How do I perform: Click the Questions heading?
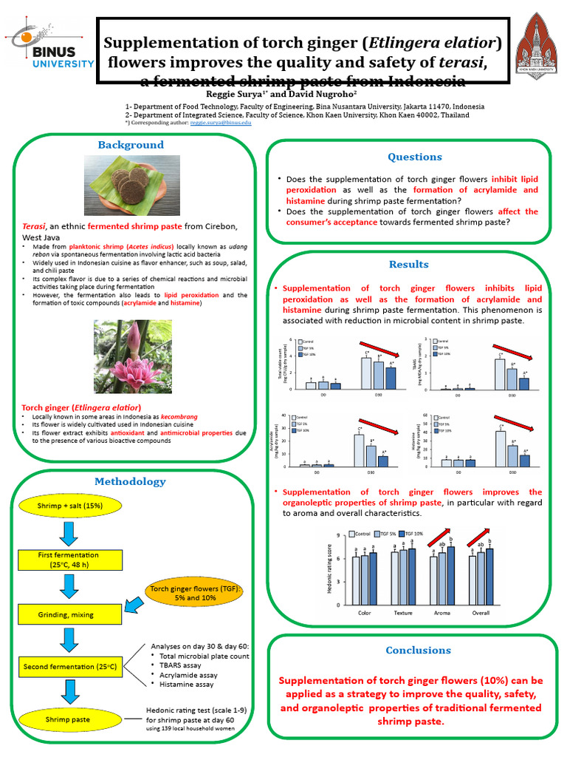coord(415,157)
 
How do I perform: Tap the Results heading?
coord(408,265)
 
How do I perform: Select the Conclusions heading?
coord(418,651)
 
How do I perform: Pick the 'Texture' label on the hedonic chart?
coord(402,613)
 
